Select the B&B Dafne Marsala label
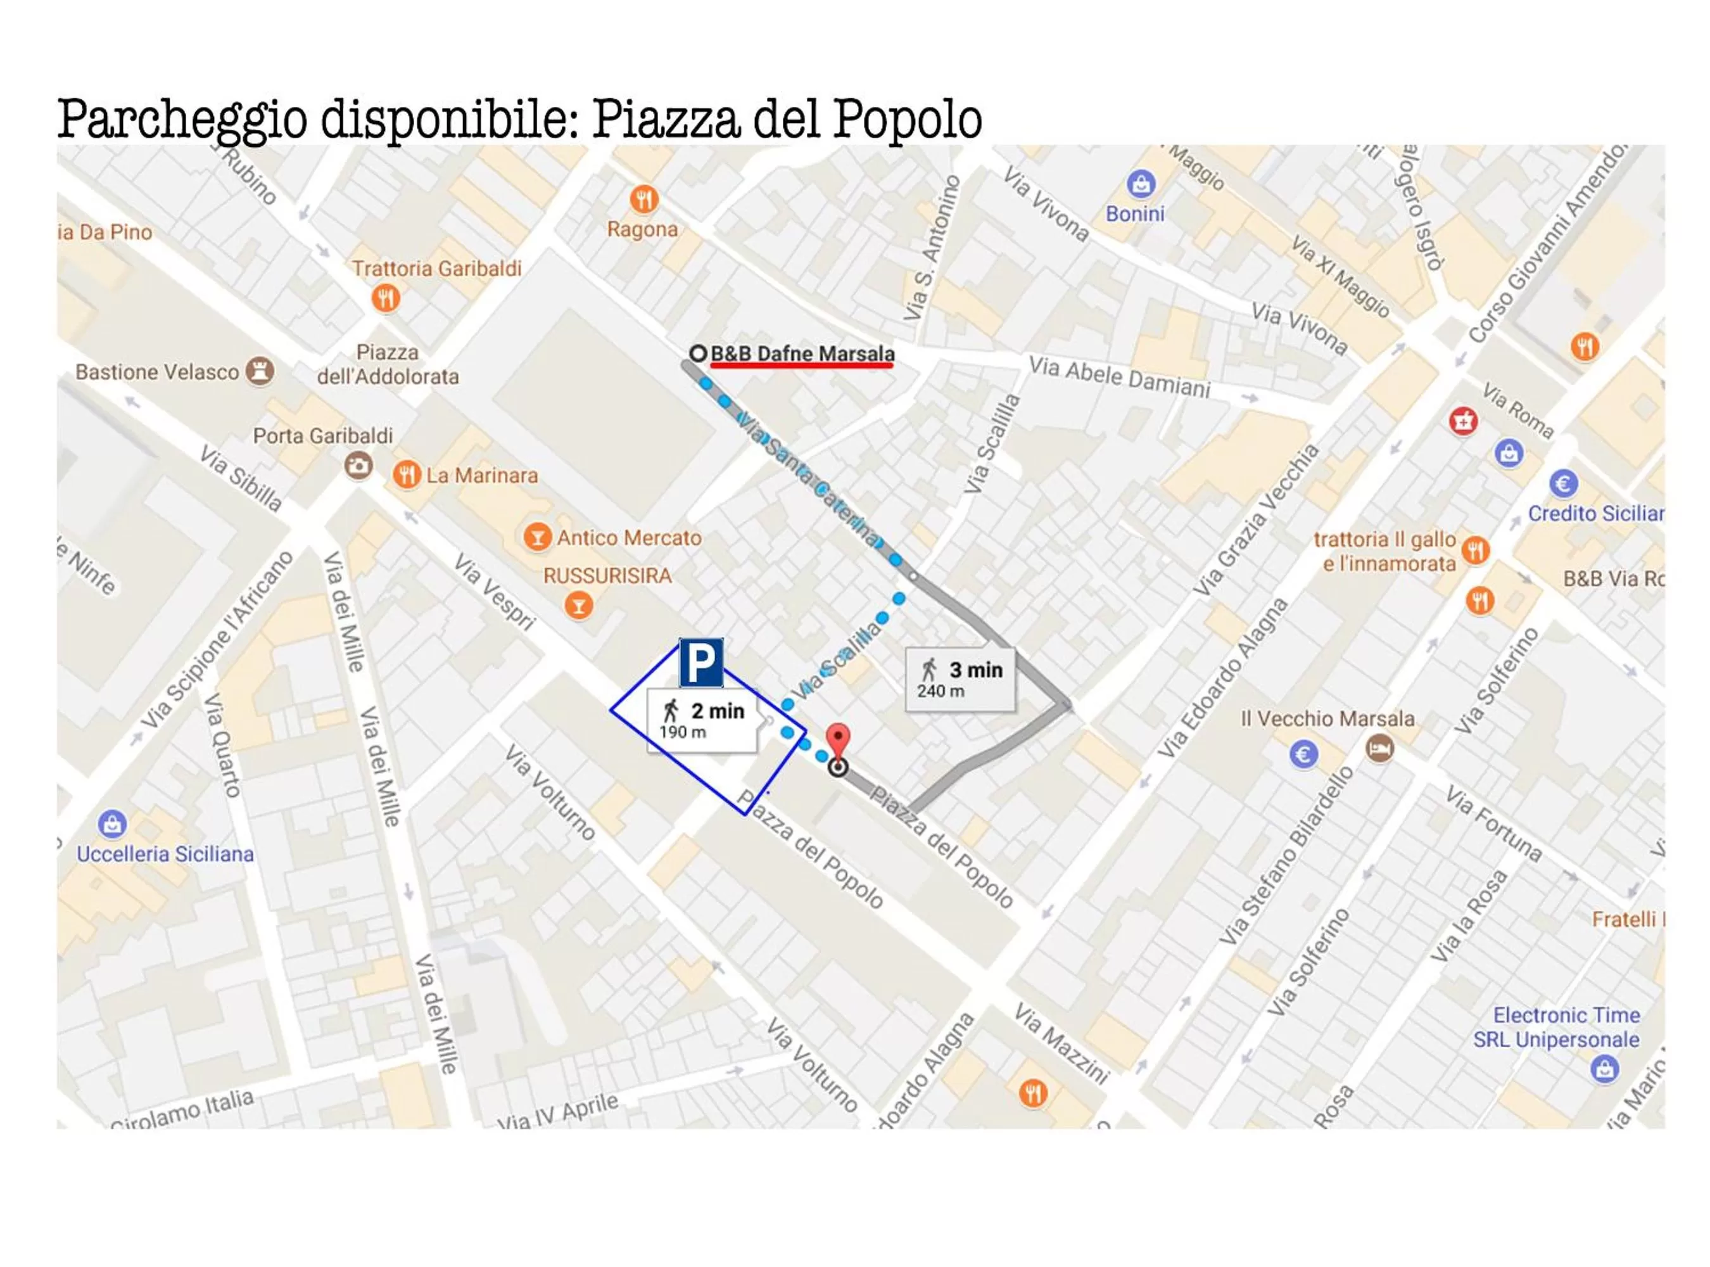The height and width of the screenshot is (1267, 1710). (802, 353)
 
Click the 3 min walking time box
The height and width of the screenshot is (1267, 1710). (960, 678)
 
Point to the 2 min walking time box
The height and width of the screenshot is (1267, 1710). (702, 720)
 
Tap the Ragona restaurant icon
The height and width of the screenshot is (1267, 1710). (644, 200)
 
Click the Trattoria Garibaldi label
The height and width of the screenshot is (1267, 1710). (436, 269)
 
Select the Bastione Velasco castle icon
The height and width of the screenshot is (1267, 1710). (260, 371)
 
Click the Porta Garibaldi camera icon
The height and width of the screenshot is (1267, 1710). (358, 465)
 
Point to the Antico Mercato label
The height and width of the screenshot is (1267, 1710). (629, 538)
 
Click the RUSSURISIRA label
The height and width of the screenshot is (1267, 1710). (607, 575)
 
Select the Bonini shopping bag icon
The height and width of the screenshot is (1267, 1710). (1140, 184)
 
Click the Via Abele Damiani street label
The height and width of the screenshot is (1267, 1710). (1119, 376)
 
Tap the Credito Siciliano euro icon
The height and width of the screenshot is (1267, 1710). (1563, 483)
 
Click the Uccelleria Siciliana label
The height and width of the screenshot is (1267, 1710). (165, 853)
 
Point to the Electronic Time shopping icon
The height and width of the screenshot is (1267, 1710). (1604, 1068)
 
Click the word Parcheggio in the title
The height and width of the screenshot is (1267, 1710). (182, 120)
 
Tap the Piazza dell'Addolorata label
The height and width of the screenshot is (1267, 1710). (388, 364)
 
